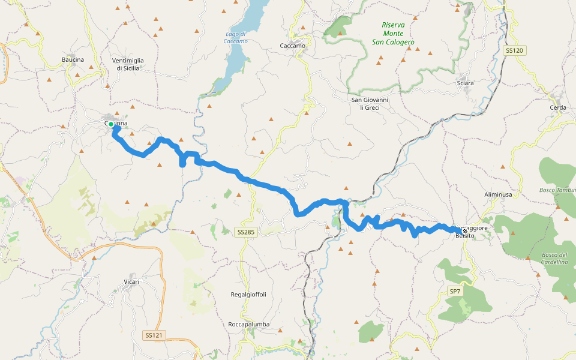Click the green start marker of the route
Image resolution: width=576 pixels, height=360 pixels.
(x=111, y=124)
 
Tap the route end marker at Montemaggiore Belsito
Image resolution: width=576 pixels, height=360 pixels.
(x=464, y=230)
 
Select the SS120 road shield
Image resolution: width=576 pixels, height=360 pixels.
(x=515, y=51)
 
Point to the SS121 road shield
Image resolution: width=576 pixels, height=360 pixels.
(x=154, y=335)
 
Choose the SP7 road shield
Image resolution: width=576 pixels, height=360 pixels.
(x=455, y=292)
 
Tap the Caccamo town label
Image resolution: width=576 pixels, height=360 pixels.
(x=293, y=46)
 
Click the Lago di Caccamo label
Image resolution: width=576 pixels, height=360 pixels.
(x=235, y=37)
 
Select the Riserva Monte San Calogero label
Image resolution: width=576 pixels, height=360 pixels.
(x=393, y=34)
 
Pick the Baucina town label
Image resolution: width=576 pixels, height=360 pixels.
(x=73, y=59)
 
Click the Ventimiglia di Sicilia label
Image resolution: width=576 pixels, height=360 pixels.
(x=128, y=64)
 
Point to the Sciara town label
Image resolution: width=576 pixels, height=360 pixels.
(x=465, y=83)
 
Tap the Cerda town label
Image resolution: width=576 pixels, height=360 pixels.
(x=557, y=107)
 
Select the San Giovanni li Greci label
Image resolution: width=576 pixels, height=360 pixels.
(x=370, y=103)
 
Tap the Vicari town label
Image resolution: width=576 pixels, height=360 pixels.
(x=131, y=281)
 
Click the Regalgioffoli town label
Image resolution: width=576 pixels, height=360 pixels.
(x=248, y=295)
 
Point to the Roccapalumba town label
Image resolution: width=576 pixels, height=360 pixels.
(x=249, y=324)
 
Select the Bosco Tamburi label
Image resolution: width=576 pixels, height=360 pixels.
(x=558, y=190)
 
